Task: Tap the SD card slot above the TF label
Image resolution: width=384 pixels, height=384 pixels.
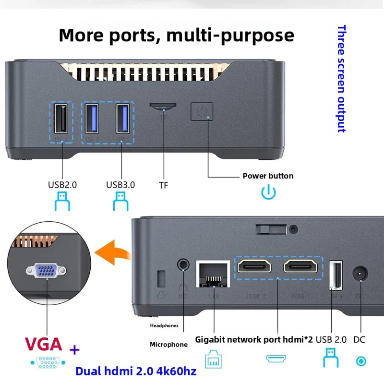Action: pyautogui.click(x=163, y=105)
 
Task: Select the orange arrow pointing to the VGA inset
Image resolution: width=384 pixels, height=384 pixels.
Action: pyautogui.click(x=112, y=252)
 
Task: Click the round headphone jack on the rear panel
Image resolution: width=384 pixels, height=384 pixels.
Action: pyautogui.click(x=182, y=264)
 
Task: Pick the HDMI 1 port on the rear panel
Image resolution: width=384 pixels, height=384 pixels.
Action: pyautogui.click(x=300, y=266)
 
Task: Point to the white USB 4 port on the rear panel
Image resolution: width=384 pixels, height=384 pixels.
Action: pyautogui.click(x=336, y=276)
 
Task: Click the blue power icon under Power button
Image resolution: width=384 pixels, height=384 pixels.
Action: pyautogui.click(x=268, y=193)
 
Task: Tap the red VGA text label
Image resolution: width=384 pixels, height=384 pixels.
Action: pyautogui.click(x=44, y=344)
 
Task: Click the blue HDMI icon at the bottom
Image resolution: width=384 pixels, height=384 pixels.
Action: pyautogui.click(x=276, y=359)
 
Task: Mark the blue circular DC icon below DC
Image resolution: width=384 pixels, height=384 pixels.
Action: pyautogui.click(x=360, y=361)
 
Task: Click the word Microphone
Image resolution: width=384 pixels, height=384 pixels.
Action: pyautogui.click(x=168, y=344)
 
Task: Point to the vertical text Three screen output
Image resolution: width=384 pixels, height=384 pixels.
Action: pyautogui.click(x=341, y=79)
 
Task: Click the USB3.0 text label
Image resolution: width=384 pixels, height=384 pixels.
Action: pyautogui.click(x=120, y=184)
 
